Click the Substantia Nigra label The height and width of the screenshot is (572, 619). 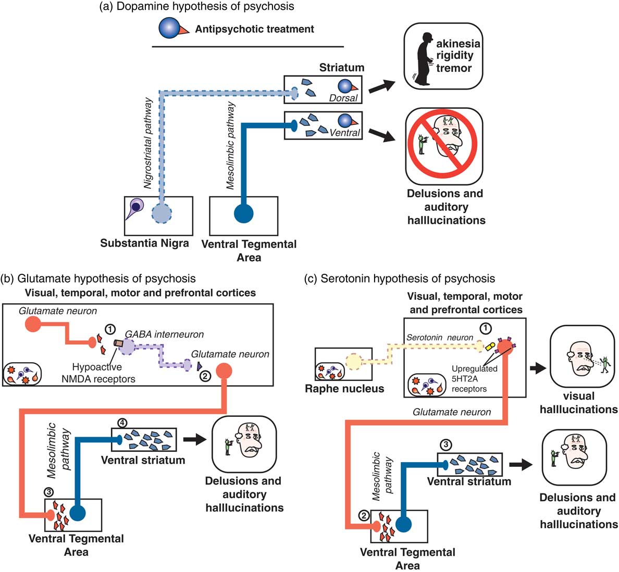click(x=144, y=243)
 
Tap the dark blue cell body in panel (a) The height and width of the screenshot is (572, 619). click(x=244, y=213)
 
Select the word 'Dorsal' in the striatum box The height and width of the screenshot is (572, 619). click(x=343, y=98)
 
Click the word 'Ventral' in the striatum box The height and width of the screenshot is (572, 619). click(x=344, y=132)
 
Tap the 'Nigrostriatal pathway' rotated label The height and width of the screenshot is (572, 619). click(x=148, y=143)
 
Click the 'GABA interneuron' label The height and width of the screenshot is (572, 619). click(x=164, y=335)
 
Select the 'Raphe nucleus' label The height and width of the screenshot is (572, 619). click(x=344, y=388)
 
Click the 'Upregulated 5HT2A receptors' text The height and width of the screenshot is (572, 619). click(x=474, y=378)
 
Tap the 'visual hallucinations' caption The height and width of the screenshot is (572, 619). click(x=578, y=402)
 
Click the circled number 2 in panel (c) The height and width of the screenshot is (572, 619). click(x=364, y=516)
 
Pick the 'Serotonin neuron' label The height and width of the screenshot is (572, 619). click(x=439, y=337)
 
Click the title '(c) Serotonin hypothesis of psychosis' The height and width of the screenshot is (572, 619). click(x=400, y=279)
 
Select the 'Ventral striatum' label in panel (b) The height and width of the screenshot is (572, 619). click(x=143, y=460)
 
